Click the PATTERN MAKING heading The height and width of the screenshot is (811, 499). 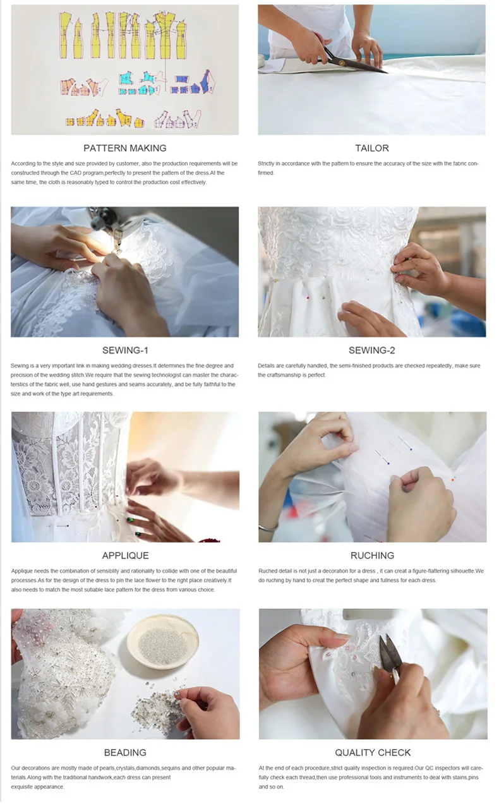tap(125, 148)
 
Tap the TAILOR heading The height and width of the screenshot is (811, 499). tap(372, 148)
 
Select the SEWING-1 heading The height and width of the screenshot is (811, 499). tap(125, 350)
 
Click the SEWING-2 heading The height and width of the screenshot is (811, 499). tap(372, 350)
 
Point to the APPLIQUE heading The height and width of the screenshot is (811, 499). tap(125, 555)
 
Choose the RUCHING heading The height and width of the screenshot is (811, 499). tap(372, 555)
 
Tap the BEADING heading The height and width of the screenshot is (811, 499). tap(125, 752)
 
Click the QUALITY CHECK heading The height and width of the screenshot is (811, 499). tap(373, 752)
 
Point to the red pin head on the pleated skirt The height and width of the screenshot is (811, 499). tap(308, 297)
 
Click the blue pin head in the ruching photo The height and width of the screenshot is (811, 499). tap(388, 463)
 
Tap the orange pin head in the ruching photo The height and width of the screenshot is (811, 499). tap(452, 480)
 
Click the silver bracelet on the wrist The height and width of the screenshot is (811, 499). tap(268, 528)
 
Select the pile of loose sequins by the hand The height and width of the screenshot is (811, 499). tap(155, 704)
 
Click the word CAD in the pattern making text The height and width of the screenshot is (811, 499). tap(76, 173)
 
